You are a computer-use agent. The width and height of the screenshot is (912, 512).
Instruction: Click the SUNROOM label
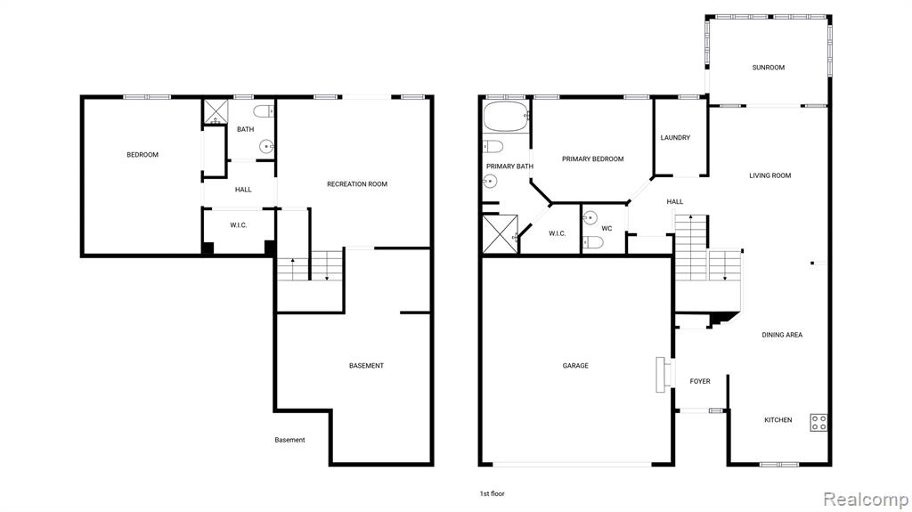(769, 68)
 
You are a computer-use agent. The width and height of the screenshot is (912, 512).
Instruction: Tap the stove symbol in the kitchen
(819, 422)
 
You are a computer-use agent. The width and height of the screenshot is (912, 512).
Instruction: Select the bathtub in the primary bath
(506, 117)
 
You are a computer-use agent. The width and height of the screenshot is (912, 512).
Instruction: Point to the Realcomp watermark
(866, 500)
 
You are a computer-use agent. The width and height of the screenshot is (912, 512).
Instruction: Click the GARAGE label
(575, 366)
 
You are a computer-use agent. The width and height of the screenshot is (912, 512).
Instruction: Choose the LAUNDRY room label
(675, 138)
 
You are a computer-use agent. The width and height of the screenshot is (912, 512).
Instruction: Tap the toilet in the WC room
(593, 242)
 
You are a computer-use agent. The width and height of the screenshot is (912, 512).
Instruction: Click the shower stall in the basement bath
(216, 111)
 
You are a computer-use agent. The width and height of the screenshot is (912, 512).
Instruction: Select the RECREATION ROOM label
(357, 184)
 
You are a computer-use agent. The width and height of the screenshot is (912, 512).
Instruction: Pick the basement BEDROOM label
(142, 155)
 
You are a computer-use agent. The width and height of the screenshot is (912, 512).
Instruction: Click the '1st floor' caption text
(492, 494)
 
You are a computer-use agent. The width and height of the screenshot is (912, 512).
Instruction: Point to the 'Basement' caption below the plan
(289, 441)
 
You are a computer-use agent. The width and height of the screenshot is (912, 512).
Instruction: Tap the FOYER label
(700, 382)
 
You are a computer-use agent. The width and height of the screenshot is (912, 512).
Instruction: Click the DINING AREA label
(782, 335)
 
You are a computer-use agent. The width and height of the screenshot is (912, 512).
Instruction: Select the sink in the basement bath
(265, 147)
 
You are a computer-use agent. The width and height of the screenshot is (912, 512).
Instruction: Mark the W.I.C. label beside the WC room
(558, 234)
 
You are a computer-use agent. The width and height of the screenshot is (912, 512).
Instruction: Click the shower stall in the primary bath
(501, 234)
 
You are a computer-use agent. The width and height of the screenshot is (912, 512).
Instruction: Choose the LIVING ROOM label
(770, 175)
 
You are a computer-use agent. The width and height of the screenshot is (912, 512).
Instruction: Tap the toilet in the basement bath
(264, 111)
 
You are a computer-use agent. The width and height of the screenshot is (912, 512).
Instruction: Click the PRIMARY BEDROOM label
(592, 158)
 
